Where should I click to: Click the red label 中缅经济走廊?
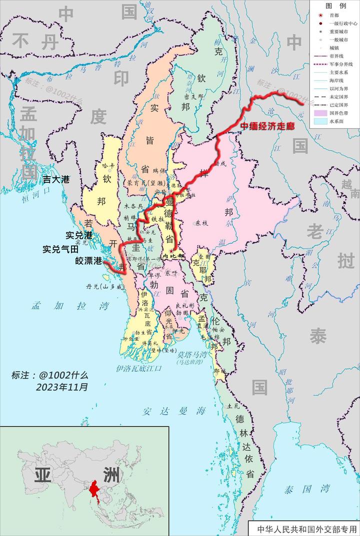[266, 126]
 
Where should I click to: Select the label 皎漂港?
[88, 261]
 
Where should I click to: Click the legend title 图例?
[335, 6]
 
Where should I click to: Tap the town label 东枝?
[201, 223]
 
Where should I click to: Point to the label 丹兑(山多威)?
[105, 287]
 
